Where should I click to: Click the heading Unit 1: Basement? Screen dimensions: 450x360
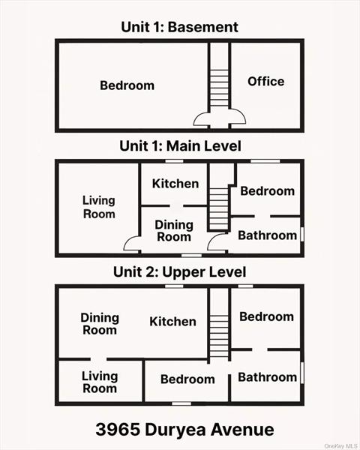[x=180, y=27]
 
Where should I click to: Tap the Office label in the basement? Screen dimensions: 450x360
[x=266, y=81]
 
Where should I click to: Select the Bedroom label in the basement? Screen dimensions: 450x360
[x=127, y=85]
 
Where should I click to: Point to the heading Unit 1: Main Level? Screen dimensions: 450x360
[x=180, y=145]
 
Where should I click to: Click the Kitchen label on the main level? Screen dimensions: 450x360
[x=175, y=184]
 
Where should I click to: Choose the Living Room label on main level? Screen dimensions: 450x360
[x=99, y=207]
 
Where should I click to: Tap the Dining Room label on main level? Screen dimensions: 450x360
[x=173, y=231]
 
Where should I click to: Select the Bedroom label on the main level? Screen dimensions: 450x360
[x=267, y=191]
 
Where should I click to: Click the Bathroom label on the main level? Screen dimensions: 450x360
[x=267, y=235]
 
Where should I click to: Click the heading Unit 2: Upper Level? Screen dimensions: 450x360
[x=180, y=271]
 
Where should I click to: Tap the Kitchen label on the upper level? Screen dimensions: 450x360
[x=172, y=322]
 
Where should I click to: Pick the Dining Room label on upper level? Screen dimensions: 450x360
[x=99, y=324]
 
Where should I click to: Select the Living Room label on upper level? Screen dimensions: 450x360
[x=100, y=382]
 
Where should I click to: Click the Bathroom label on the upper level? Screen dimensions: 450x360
[x=267, y=377]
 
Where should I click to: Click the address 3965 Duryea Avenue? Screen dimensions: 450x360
[x=184, y=430]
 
